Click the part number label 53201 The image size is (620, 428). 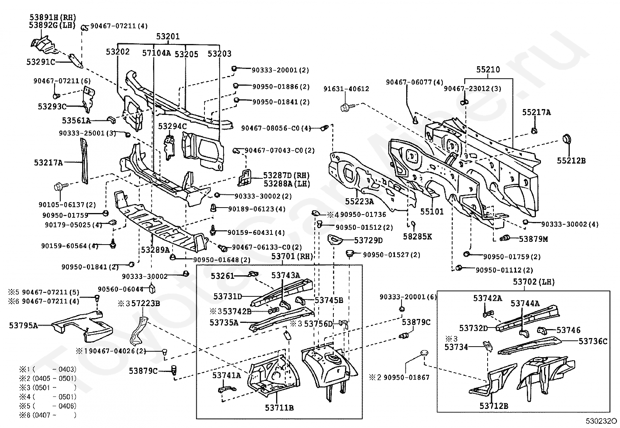pos(168,37)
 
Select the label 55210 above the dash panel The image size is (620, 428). pos(488,70)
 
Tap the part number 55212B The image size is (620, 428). pos(571,160)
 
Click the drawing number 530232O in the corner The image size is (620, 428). pos(602,421)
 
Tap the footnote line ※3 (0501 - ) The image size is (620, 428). pos(48,387)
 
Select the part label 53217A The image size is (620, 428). pos(48,163)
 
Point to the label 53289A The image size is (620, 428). pos(155,250)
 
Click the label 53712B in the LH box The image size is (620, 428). pos(493,406)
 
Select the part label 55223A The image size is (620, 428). pos(359,201)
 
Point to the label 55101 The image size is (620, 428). pos(432,212)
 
